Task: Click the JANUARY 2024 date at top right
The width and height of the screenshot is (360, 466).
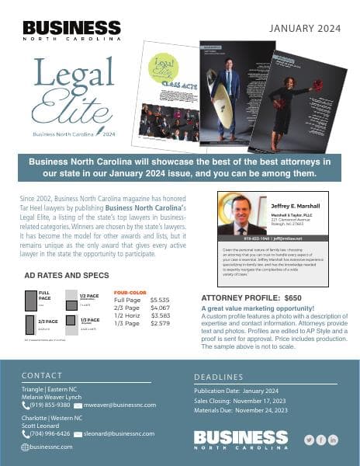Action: [x=305, y=30]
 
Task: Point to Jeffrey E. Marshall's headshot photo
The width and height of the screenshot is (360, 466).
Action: [x=242, y=214]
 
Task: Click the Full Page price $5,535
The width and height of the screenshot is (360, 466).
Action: [x=159, y=300]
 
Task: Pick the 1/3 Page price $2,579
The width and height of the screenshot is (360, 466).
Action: [x=159, y=323]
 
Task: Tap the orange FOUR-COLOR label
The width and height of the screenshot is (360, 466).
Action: [x=130, y=293]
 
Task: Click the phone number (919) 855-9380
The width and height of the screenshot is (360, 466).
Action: [x=50, y=405]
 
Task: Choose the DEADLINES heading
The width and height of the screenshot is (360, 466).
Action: [x=220, y=377]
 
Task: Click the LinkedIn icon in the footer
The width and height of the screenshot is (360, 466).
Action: [x=334, y=440]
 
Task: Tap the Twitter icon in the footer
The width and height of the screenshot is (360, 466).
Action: [x=309, y=440]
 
